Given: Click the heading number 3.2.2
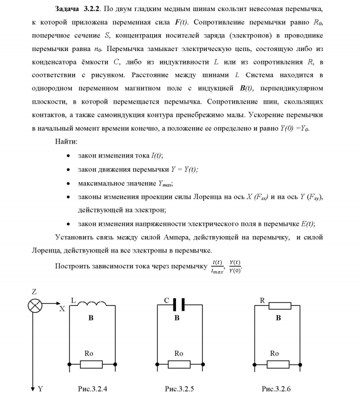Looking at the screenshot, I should click(90, 10).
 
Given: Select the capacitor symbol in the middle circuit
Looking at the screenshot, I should click(177, 305).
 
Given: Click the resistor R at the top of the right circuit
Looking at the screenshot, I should click(280, 305).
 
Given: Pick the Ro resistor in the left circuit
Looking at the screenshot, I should click(91, 364).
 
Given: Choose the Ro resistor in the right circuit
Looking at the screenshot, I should click(275, 364).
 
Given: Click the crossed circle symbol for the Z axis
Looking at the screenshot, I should click(34, 305).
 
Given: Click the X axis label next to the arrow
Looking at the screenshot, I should click(62, 310).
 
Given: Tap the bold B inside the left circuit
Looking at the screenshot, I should click(91, 318).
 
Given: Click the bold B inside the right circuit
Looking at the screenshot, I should click(278, 318).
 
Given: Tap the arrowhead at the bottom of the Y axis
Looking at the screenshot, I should click(33, 388).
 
